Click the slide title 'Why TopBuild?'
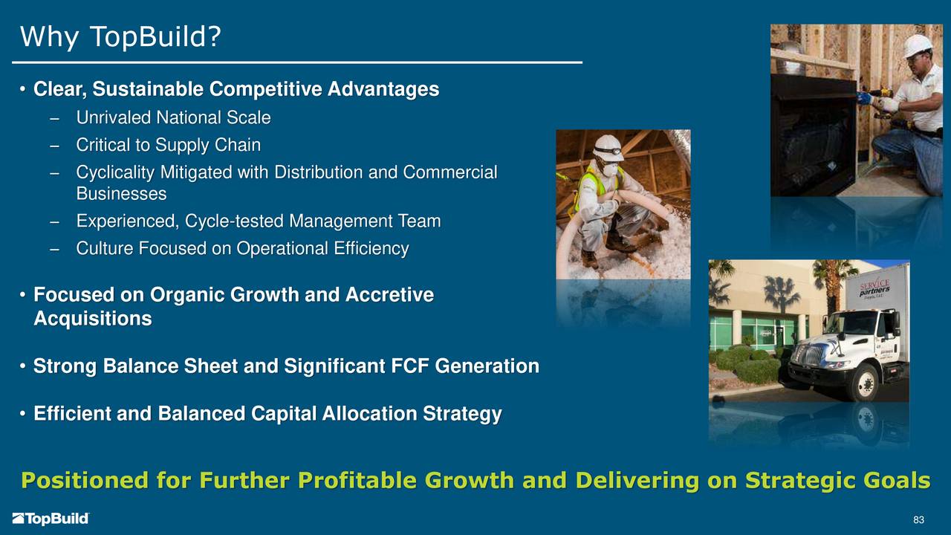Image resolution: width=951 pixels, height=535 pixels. click(120, 36)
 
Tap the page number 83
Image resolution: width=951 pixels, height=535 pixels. click(919, 519)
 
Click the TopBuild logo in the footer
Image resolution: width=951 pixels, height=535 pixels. click(51, 519)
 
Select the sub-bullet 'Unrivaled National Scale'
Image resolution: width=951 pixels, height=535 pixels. click(173, 117)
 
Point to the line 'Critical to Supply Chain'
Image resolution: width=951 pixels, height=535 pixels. click(168, 145)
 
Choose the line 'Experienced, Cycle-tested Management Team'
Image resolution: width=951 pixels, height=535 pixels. click(258, 221)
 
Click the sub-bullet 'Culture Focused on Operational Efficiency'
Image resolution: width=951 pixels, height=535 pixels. click(242, 249)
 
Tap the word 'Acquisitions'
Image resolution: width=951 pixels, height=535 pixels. click(92, 320)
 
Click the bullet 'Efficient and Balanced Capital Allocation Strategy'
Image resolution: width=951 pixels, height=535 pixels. click(267, 414)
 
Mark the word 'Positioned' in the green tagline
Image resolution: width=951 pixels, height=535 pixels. click(84, 481)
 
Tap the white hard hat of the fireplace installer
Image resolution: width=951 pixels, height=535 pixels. click(917, 45)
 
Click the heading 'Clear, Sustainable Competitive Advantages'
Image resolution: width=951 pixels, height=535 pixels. click(236, 90)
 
